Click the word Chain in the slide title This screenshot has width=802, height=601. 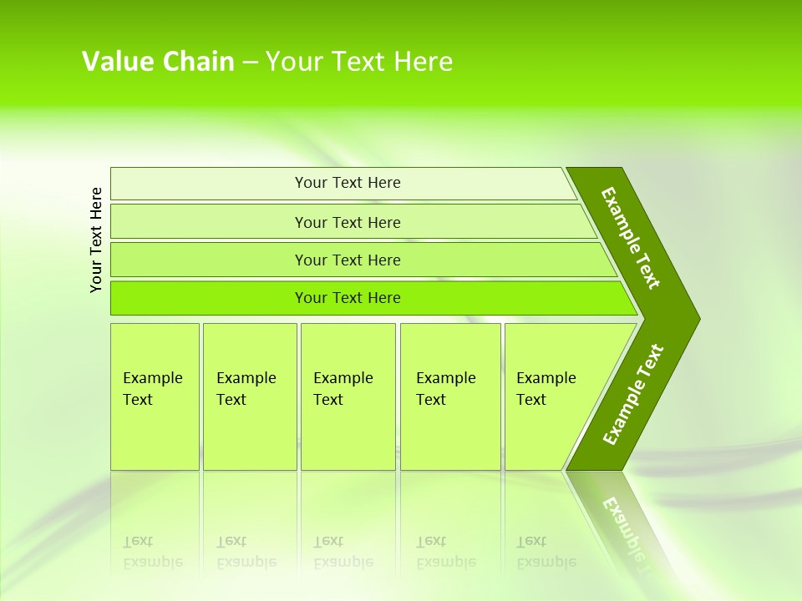click(199, 62)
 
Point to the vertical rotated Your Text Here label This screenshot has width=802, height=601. click(96, 240)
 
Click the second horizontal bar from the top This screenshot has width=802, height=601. click(348, 222)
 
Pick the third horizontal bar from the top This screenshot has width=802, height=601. click(348, 260)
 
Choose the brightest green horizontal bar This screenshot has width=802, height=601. click(348, 298)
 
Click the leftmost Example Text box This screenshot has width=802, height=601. click(155, 396)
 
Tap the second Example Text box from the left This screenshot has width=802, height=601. click(250, 396)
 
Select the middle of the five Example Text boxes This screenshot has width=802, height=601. click(348, 396)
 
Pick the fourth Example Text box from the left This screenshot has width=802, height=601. click(450, 396)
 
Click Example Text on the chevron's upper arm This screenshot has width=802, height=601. click(631, 238)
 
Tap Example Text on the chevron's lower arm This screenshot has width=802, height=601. click(632, 395)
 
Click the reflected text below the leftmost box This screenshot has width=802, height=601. click(152, 552)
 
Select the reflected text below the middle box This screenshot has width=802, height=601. click(343, 552)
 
